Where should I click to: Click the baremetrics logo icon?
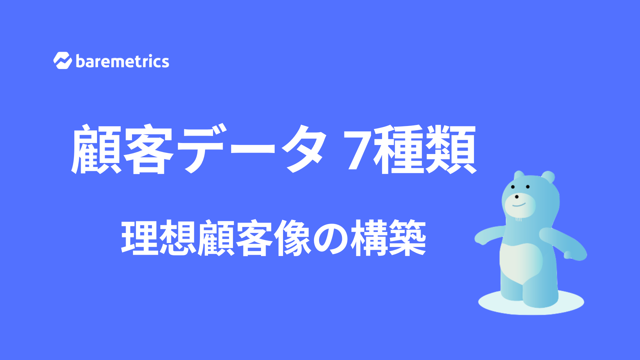click(x=63, y=61)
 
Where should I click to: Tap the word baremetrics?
click(x=123, y=61)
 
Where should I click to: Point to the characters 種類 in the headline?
click(x=425, y=149)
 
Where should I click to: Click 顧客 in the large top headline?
click(x=122, y=149)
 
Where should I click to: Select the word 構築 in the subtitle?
click(x=388, y=238)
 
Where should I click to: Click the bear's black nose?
click(x=517, y=197)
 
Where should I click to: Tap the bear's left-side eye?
click(x=513, y=187)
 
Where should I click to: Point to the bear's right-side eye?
click(x=528, y=187)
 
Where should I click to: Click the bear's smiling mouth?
click(x=519, y=205)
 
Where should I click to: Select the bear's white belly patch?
click(x=521, y=263)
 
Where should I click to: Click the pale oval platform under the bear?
click(x=531, y=303)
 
